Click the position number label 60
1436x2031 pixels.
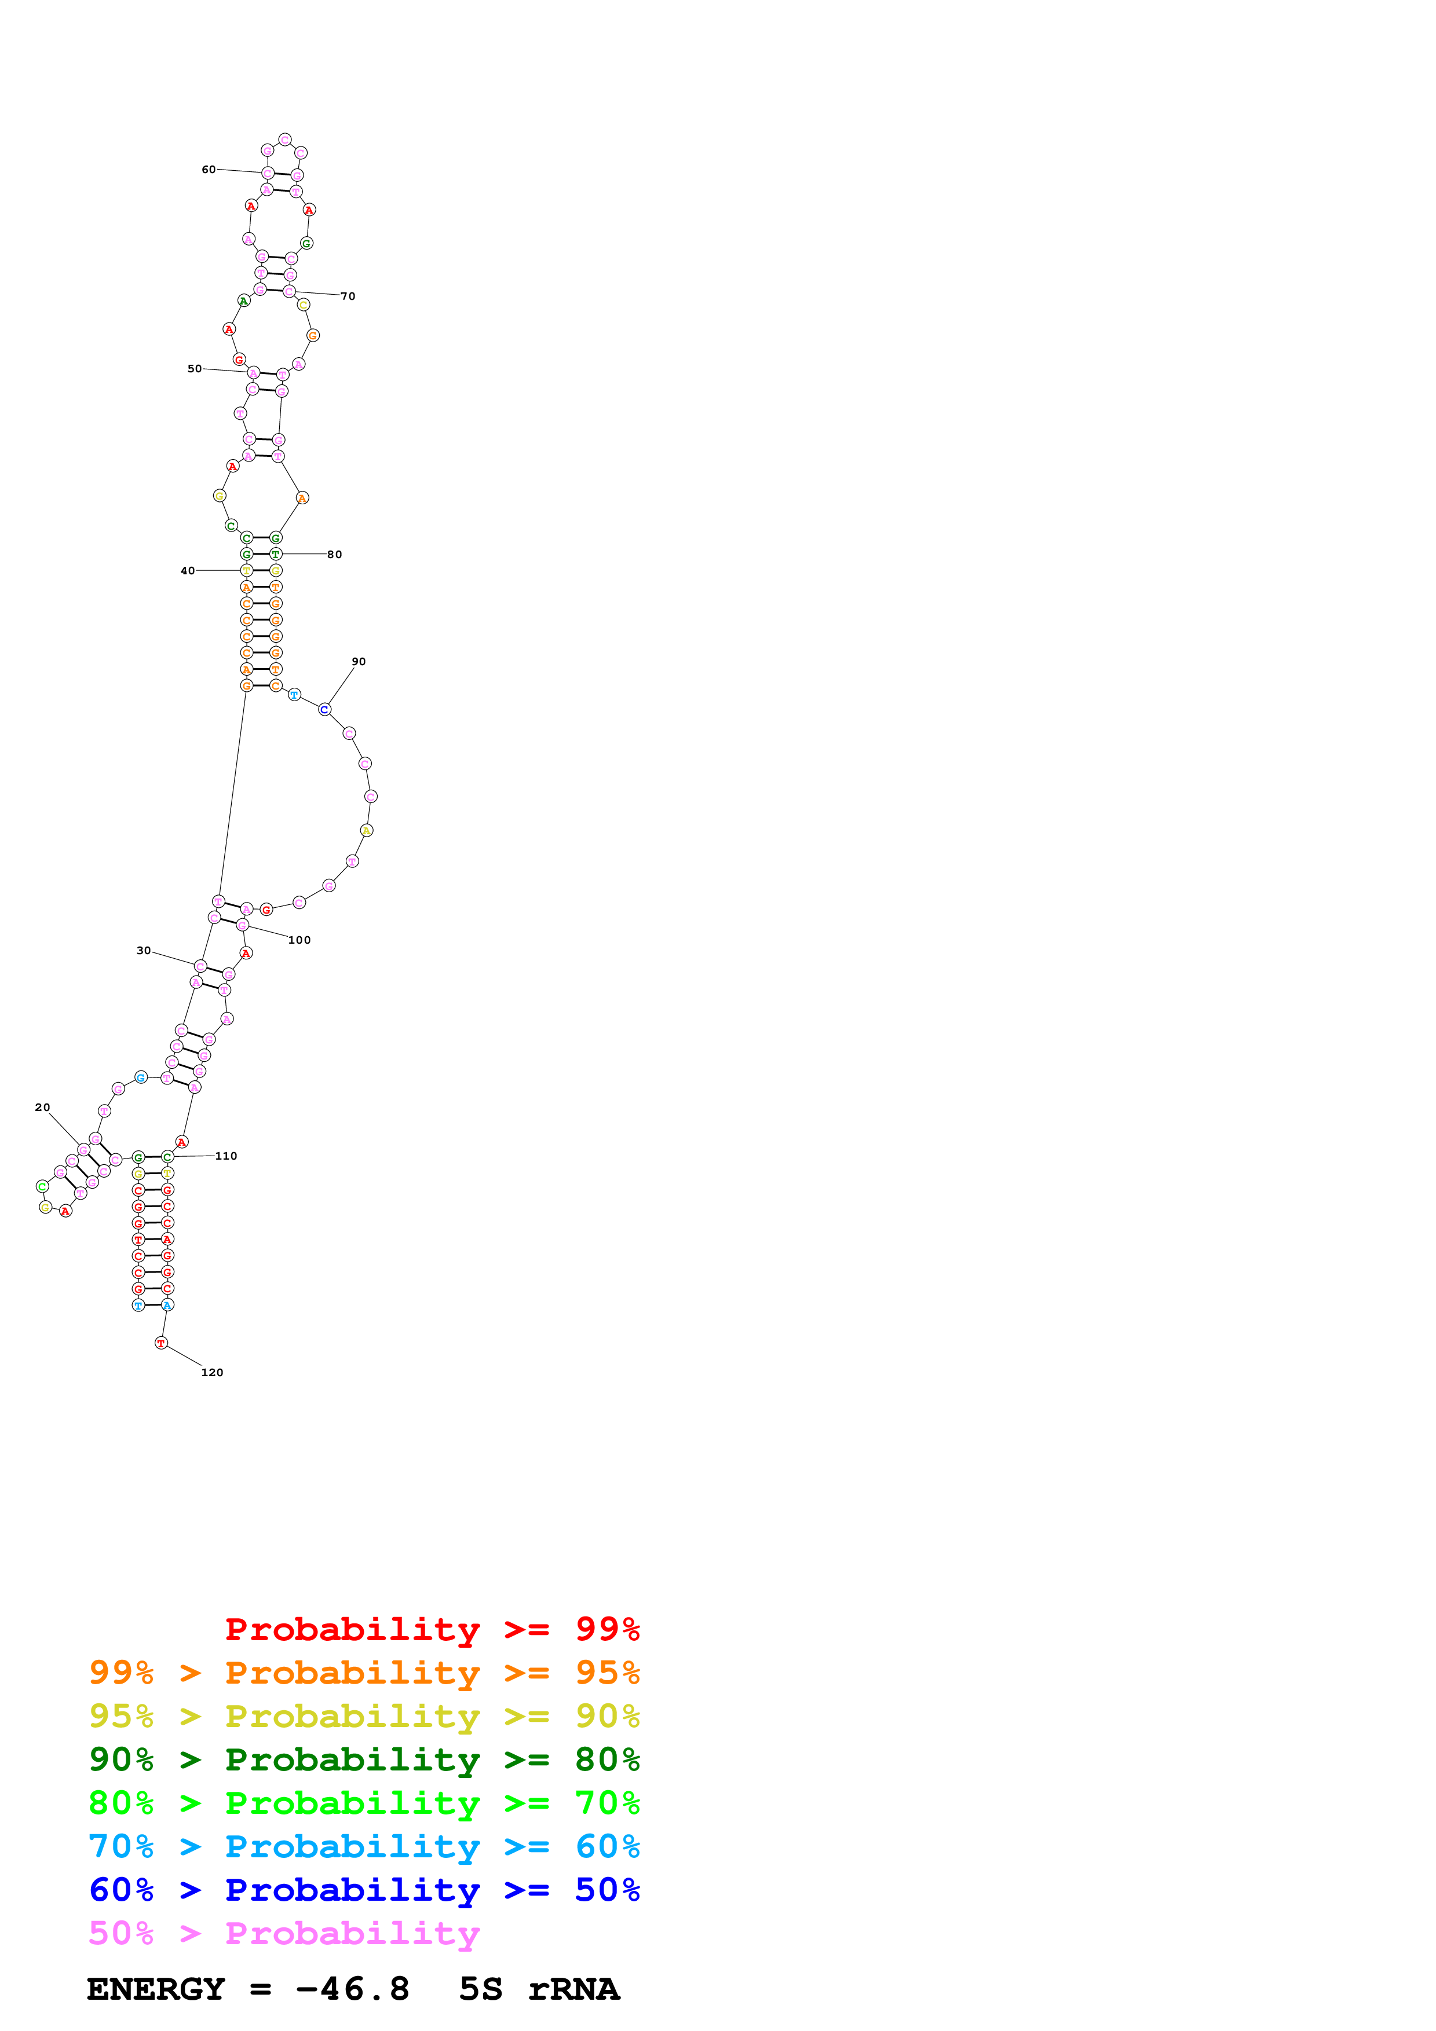(209, 169)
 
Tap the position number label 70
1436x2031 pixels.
(349, 296)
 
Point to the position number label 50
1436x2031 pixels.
(195, 369)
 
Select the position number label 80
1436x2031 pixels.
(334, 555)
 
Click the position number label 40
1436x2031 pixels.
(188, 570)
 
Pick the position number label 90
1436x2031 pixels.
(359, 662)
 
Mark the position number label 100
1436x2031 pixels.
(299, 940)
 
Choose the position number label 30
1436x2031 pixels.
(143, 951)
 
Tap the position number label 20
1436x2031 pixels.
(42, 1108)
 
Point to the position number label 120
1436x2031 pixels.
(213, 1373)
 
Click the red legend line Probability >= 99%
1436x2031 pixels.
(433, 1629)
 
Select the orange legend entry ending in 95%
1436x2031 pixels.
(364, 1673)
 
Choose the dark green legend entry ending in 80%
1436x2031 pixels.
(364, 1759)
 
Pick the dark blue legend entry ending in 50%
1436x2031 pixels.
(364, 1890)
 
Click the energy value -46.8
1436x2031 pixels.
(352, 1989)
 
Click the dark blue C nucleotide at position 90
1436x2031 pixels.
(325, 709)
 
